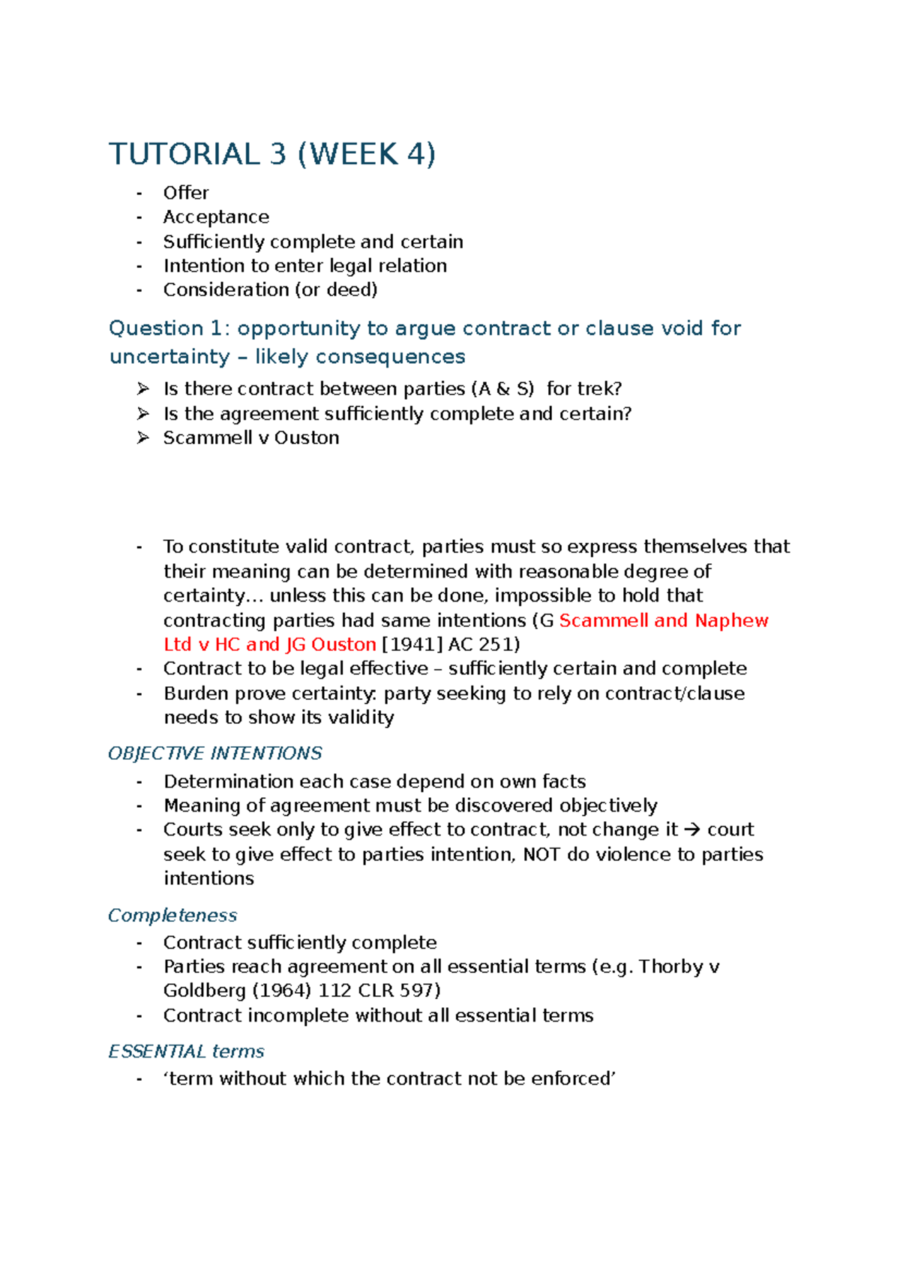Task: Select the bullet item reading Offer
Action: [186, 193]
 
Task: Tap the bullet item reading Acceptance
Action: [216, 217]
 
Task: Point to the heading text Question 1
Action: [166, 328]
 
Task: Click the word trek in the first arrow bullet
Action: [595, 388]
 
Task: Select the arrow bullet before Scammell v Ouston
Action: [143, 437]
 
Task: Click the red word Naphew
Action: [731, 620]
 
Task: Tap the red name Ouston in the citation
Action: [343, 644]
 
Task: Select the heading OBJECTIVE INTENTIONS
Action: [214, 753]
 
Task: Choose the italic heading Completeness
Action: [172, 915]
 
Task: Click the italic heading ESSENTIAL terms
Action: [186, 1051]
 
